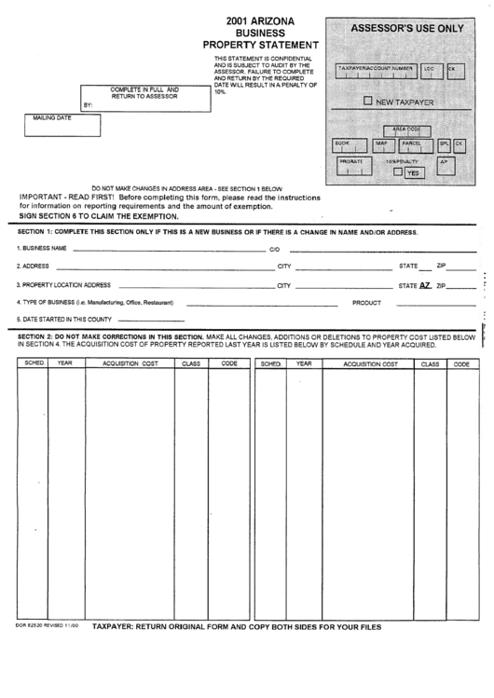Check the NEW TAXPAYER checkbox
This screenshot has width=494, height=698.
coord(368,101)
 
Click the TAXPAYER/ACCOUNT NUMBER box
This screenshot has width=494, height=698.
coord(376,72)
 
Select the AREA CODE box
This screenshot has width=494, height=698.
coord(406,130)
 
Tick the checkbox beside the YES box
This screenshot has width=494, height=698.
coord(398,172)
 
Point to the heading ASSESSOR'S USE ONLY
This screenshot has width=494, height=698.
coord(405,29)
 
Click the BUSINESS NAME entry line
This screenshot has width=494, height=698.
coord(168,250)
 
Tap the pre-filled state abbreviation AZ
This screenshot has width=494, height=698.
coord(425,285)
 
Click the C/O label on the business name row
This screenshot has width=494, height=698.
coord(274,250)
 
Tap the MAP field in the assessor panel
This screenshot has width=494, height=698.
coord(382,146)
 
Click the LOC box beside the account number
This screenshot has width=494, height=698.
coord(430,72)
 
